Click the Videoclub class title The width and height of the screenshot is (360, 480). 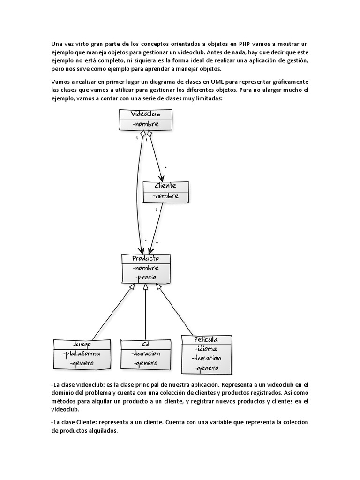click(x=146, y=114)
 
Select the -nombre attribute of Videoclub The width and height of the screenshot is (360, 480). click(x=146, y=124)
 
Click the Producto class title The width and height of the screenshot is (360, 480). click(x=145, y=258)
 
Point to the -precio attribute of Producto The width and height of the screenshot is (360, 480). click(x=146, y=277)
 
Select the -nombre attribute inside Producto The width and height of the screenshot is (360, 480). click(x=146, y=268)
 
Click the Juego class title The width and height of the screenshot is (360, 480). click(x=82, y=344)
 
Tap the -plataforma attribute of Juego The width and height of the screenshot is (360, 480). click(x=82, y=353)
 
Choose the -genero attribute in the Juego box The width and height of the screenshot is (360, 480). click(x=82, y=363)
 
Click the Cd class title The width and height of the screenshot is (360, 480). click(x=145, y=344)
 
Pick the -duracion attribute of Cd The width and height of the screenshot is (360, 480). click(x=146, y=353)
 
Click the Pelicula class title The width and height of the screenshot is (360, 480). click(x=206, y=339)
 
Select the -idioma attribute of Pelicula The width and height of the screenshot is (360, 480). click(x=206, y=349)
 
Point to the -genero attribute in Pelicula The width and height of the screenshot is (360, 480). click(x=206, y=368)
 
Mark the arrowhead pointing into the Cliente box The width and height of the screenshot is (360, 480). click(x=162, y=178)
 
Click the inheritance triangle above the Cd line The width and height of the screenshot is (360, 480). click(x=146, y=286)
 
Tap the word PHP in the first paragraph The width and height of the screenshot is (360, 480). click(x=245, y=44)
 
